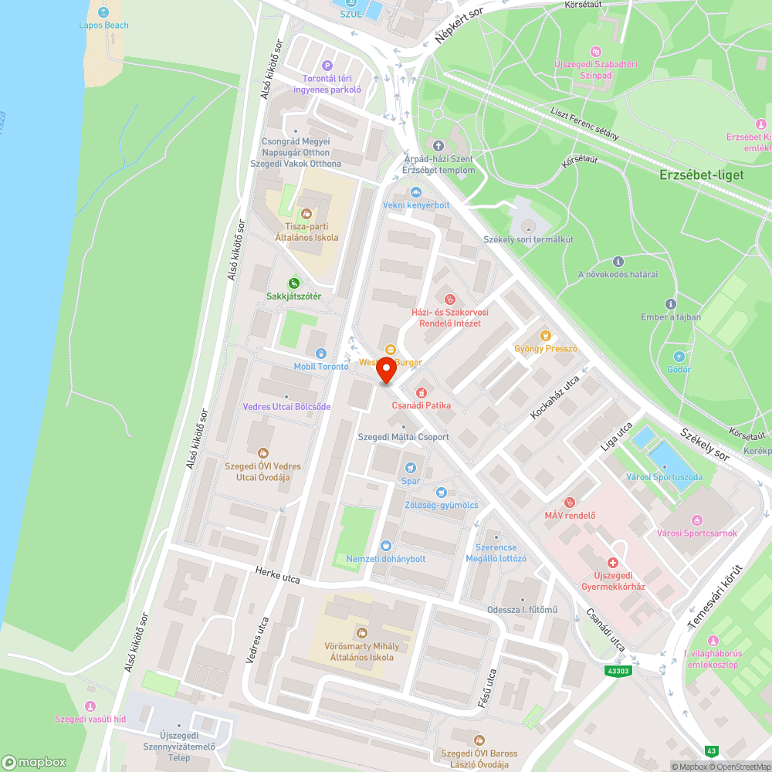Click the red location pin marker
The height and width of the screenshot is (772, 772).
[386, 371]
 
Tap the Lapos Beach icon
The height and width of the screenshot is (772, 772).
[103, 12]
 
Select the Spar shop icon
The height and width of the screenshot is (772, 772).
[410, 467]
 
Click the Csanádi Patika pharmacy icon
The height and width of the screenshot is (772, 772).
[421, 392]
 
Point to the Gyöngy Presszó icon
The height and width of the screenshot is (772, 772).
[546, 335]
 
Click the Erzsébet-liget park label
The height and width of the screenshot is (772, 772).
[702, 174]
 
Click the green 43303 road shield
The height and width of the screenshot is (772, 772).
[618, 671]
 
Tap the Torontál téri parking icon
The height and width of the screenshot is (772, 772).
[327, 66]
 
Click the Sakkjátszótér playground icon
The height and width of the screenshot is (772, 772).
[293, 283]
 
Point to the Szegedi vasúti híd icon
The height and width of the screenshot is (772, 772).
[90, 706]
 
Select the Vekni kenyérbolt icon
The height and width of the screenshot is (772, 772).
[416, 192]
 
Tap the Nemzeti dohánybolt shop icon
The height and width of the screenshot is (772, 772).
[386, 546]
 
